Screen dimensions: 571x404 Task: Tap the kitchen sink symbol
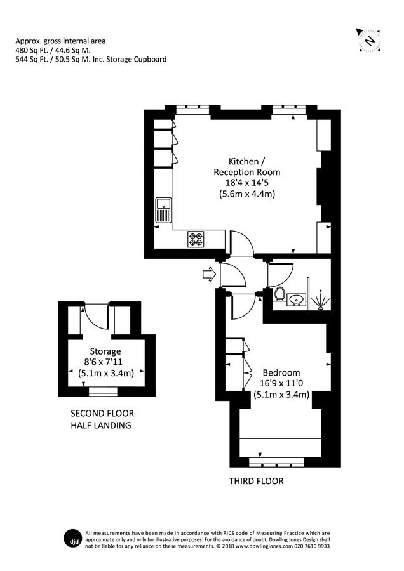pyautogui.click(x=163, y=210)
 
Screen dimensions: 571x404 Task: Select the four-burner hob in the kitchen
pyautogui.click(x=196, y=239)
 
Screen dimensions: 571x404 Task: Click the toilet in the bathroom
pyautogui.click(x=279, y=294)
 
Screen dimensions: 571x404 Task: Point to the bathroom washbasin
pyautogui.click(x=296, y=298)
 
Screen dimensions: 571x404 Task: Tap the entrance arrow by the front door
pyautogui.click(x=208, y=275)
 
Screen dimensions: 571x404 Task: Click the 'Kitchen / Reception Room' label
pyautogui.click(x=246, y=166)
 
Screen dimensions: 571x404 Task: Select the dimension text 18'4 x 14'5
pyautogui.click(x=246, y=183)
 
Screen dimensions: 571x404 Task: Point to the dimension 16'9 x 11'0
pyautogui.click(x=281, y=383)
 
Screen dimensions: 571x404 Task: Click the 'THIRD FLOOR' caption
pyautogui.click(x=256, y=482)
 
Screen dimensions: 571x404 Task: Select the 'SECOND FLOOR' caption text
pyautogui.click(x=102, y=413)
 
